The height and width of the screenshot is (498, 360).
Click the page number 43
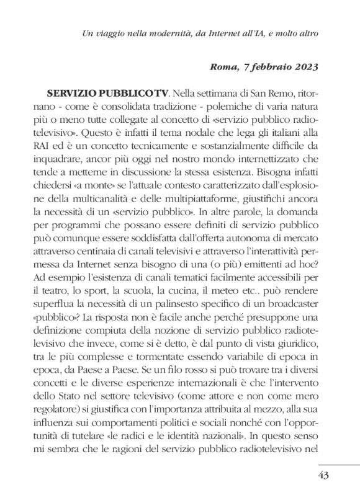(321, 476)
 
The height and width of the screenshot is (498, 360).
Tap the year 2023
(304, 66)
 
